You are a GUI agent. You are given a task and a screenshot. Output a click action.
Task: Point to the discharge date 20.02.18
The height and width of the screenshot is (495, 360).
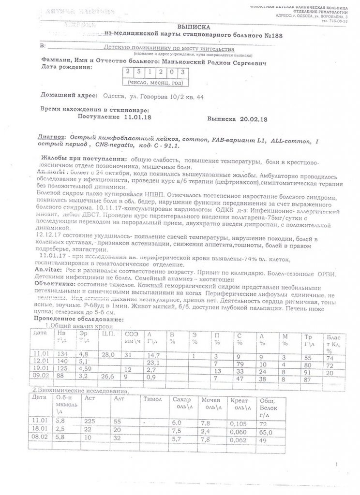pyautogui.click(x=254, y=118)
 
